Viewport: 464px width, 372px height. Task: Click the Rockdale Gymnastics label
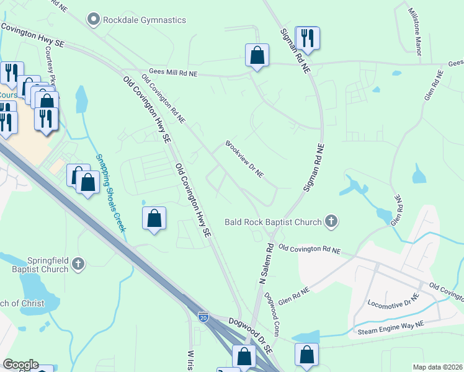pyautogui.click(x=144, y=20)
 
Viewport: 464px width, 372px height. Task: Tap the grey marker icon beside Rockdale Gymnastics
pyautogui.click(x=94, y=20)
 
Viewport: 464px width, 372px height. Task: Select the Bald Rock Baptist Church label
pyautogui.click(x=273, y=222)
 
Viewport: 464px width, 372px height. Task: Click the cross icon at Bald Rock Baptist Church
pyautogui.click(x=332, y=221)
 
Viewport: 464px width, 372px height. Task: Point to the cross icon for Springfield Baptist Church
pyautogui.click(x=78, y=264)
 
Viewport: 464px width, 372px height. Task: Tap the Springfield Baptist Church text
pyautogui.click(x=38, y=265)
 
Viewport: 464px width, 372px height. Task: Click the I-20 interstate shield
pyautogui.click(x=203, y=317)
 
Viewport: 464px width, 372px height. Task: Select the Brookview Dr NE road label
pyautogui.click(x=244, y=159)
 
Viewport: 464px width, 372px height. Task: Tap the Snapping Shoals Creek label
pyautogui.click(x=110, y=192)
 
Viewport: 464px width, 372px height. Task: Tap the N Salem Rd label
pyautogui.click(x=265, y=260)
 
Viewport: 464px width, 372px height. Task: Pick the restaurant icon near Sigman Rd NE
pyautogui.click(x=308, y=38)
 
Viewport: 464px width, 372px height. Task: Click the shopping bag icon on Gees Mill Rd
pyautogui.click(x=257, y=55)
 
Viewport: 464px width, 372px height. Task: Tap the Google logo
pyautogui.click(x=20, y=365)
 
